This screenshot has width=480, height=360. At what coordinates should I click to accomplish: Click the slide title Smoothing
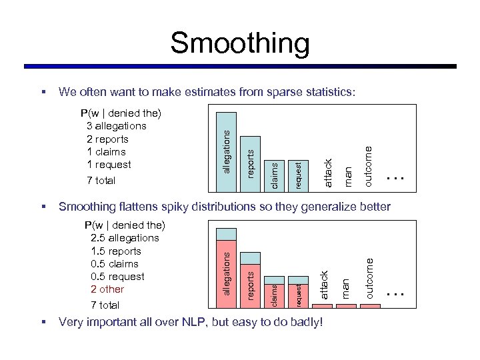(x=239, y=43)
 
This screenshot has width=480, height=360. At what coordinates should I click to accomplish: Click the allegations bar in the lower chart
(x=227, y=273)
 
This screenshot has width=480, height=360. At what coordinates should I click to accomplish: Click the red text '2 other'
(x=107, y=289)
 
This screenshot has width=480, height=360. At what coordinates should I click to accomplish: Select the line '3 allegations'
(x=116, y=126)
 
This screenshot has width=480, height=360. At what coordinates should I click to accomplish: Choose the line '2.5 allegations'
(x=125, y=238)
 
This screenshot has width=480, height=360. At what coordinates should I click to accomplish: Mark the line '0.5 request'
(x=117, y=277)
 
